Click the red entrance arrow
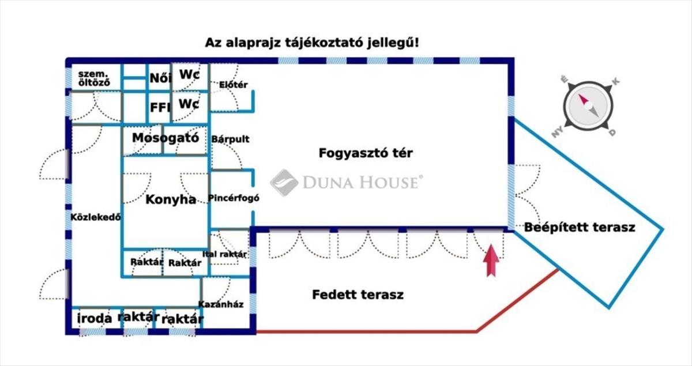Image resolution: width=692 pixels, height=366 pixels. [x=491, y=260]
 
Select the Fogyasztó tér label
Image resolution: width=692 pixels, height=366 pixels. [x=366, y=153]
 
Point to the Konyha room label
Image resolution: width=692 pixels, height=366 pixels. [x=171, y=199]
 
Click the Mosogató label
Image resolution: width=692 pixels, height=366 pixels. [x=166, y=138]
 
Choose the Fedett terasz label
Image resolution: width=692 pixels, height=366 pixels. [x=358, y=295]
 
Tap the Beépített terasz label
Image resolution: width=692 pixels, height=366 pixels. [x=580, y=227]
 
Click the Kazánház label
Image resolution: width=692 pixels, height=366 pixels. [x=220, y=304]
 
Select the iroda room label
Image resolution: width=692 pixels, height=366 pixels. [x=94, y=318]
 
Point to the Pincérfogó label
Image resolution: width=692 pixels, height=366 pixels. [x=234, y=198]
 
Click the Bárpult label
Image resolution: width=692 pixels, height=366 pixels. [x=230, y=139]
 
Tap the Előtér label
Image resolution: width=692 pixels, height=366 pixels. [x=233, y=85]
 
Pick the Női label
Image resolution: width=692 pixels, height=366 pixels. [x=160, y=78]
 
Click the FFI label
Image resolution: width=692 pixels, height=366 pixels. [x=160, y=107]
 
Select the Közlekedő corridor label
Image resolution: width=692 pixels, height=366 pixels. [x=96, y=217]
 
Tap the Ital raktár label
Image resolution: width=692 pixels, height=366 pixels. [x=224, y=254]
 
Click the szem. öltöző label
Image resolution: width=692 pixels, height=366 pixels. [x=94, y=78]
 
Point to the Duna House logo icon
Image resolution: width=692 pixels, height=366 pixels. [x=284, y=183]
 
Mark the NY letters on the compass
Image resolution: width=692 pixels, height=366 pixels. [x=557, y=133]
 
